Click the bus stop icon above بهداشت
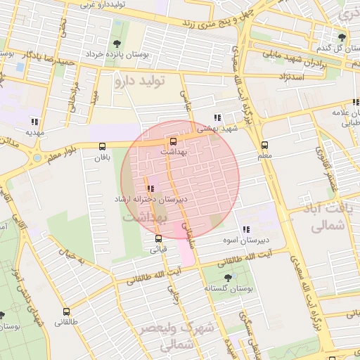[174, 140]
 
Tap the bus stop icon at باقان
[103, 146]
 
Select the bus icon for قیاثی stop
[158, 238]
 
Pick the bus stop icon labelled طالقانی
[67, 311]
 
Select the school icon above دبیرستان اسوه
[245, 229]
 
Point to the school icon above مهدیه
[35, 120]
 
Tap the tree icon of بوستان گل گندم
[342, 37]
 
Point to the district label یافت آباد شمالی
[324, 218]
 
